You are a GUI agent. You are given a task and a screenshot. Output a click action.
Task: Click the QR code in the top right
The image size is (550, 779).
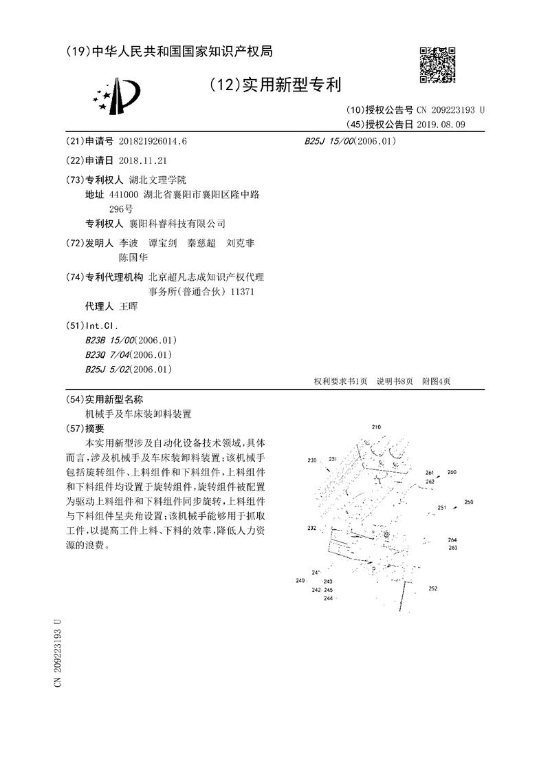pyautogui.click(x=438, y=65)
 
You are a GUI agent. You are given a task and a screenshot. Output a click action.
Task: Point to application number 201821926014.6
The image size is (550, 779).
pyautogui.click(x=153, y=141)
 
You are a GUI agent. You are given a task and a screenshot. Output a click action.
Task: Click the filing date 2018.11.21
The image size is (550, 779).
pyautogui.click(x=142, y=160)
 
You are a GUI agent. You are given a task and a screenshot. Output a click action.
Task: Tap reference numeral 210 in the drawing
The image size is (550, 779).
pyautogui.click(x=376, y=427)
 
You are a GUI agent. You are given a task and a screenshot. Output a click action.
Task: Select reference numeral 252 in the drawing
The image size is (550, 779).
pyautogui.click(x=432, y=588)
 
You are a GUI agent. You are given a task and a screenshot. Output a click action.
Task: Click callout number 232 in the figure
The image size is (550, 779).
pyautogui.click(x=312, y=529)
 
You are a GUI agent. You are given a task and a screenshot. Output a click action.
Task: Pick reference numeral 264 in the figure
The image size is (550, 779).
pyautogui.click(x=452, y=540)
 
